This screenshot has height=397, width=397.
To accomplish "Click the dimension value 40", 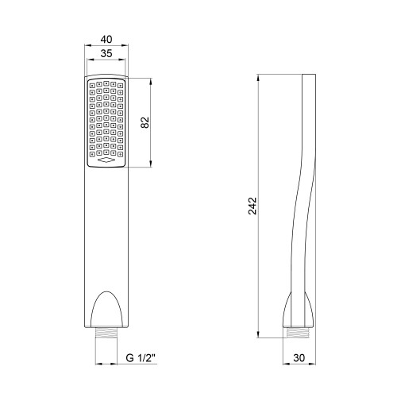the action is (106, 39).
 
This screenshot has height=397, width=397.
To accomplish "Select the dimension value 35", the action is (106, 53).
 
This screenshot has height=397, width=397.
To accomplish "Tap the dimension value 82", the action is (145, 122).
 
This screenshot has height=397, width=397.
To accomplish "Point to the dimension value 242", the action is (252, 206).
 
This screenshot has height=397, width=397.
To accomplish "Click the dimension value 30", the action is (299, 358).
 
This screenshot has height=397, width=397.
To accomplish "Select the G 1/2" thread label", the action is (141, 358).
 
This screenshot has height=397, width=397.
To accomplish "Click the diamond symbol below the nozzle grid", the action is (106, 160).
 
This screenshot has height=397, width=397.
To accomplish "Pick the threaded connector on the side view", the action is (299, 333).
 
